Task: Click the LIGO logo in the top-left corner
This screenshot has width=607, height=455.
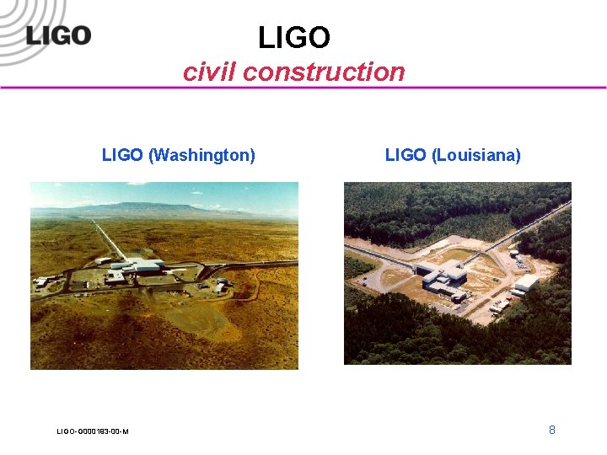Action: (x=57, y=35)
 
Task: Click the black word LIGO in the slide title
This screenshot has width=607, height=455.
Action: (x=293, y=38)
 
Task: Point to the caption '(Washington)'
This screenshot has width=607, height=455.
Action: (x=201, y=155)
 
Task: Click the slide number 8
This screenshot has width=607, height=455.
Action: (x=552, y=430)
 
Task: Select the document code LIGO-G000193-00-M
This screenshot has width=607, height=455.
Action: (x=93, y=431)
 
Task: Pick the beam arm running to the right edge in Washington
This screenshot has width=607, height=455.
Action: (x=253, y=265)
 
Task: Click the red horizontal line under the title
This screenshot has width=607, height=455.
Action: (x=303, y=88)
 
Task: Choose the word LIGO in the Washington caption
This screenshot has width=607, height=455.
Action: (x=122, y=155)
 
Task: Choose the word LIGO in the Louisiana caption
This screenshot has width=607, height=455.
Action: (x=406, y=155)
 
